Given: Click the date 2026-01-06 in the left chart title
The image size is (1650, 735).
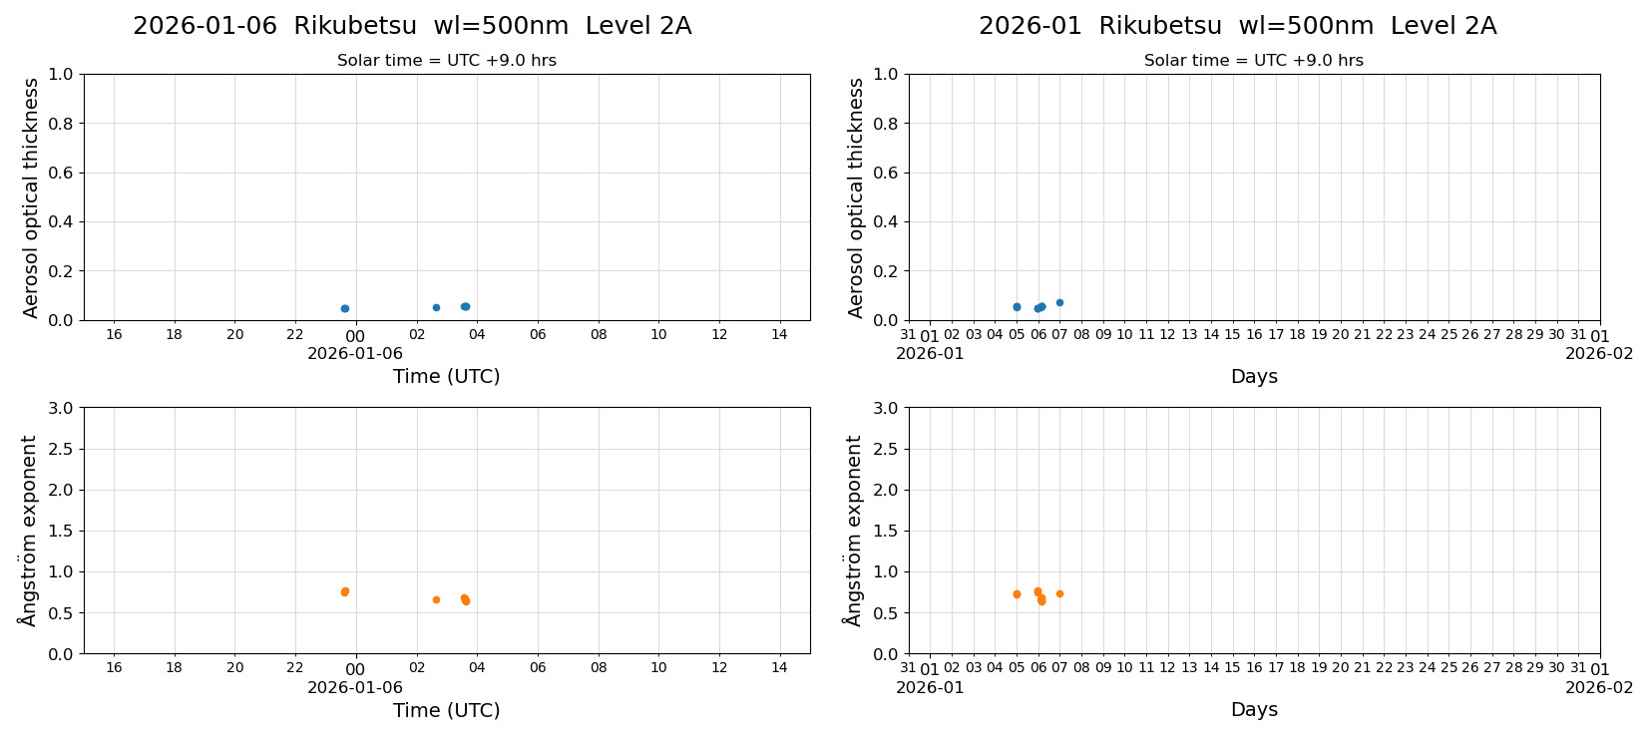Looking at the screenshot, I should (205, 26).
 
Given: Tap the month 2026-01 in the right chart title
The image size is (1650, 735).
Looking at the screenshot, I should (1030, 26).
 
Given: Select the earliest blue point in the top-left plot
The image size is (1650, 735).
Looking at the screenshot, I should (345, 308).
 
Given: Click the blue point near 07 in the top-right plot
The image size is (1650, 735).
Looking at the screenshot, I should (1059, 302).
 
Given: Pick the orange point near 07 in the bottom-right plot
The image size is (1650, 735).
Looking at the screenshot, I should (1059, 593).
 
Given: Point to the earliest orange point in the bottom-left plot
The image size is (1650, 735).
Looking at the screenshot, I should (345, 591).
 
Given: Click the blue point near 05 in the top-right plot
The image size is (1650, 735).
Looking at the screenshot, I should (1017, 307).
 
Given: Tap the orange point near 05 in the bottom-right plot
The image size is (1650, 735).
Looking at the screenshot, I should (1017, 594).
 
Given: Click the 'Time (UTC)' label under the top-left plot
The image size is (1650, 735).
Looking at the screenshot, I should (446, 376).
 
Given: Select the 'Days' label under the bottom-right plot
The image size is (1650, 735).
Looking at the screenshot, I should (1254, 709).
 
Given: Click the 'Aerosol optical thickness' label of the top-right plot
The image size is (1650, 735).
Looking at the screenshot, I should (856, 197).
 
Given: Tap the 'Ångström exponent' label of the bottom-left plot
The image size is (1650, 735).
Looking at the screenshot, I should (29, 531).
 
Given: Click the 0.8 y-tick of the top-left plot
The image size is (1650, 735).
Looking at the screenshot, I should (60, 124).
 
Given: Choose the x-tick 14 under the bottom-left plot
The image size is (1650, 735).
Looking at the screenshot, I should (779, 667).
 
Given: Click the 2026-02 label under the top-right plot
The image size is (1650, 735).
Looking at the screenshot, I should (1599, 353).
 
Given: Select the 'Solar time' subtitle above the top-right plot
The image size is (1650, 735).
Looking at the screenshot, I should (1253, 61).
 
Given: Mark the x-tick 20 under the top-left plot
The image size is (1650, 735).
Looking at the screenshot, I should (234, 334).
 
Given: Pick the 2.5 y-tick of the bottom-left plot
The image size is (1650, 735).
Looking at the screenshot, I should (60, 449).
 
